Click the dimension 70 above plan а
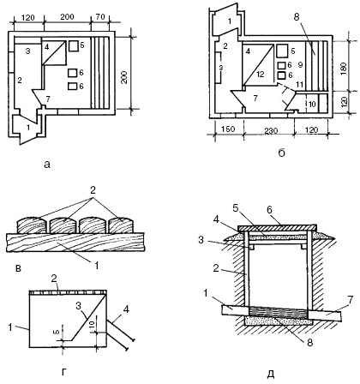100,17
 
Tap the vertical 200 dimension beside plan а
124,76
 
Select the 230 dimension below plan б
271,131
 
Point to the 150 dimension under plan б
228,129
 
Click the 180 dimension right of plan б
343,69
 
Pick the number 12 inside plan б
261,74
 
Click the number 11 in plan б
299,85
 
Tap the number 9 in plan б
300,65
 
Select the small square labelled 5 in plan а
74,46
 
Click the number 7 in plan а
48,99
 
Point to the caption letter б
281,153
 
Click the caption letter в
18,268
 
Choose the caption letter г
64,372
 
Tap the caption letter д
271,374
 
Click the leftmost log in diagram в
32,225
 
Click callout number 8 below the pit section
310,342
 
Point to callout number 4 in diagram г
126,309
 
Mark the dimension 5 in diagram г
56,332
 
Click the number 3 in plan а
27,51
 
